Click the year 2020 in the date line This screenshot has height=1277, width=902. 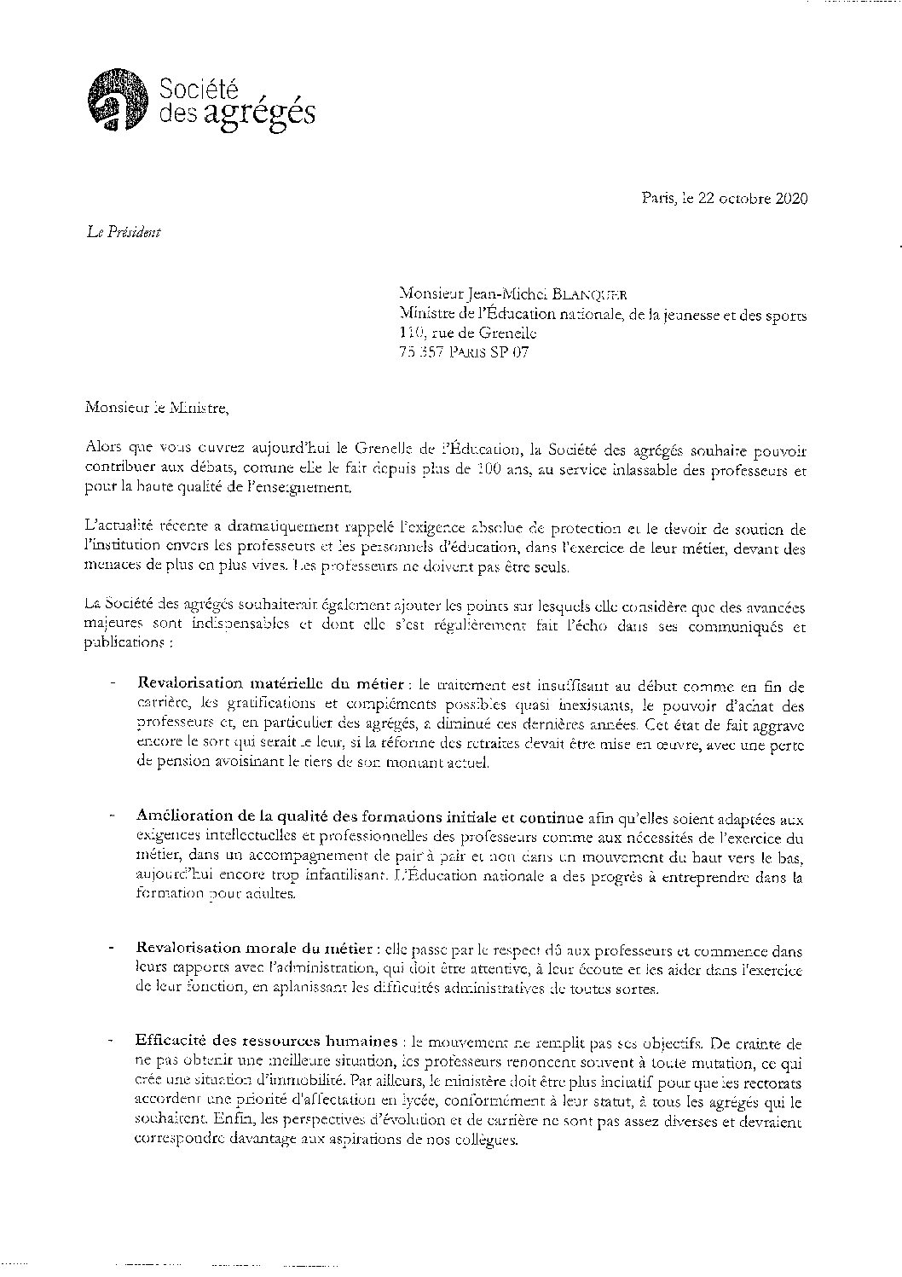point(789,199)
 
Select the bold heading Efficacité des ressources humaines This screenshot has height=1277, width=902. point(266,1042)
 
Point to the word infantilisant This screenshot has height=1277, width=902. point(323,875)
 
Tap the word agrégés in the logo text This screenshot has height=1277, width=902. point(261,113)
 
